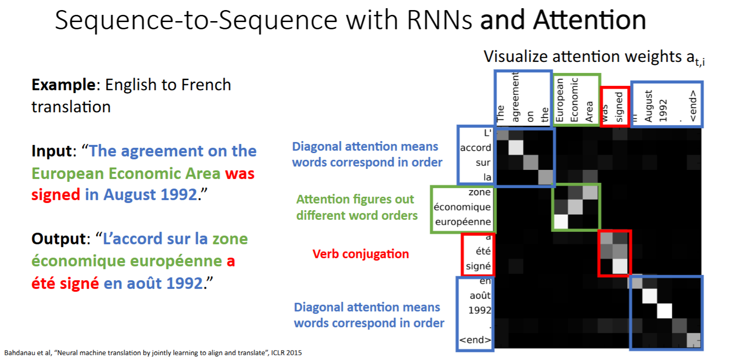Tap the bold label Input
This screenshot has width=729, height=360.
[x=50, y=151]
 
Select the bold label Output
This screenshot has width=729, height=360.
[x=58, y=239]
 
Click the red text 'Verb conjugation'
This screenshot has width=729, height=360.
[x=361, y=254]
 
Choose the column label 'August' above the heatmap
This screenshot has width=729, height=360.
[x=649, y=106]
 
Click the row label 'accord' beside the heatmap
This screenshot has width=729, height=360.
[x=475, y=148]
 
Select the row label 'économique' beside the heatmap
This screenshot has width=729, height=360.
[x=462, y=207]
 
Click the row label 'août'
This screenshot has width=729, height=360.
[x=480, y=296]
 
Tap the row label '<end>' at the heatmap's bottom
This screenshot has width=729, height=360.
[x=475, y=341]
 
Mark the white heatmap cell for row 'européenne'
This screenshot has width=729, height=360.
[x=560, y=222]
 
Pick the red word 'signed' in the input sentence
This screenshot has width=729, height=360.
[x=56, y=194]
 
